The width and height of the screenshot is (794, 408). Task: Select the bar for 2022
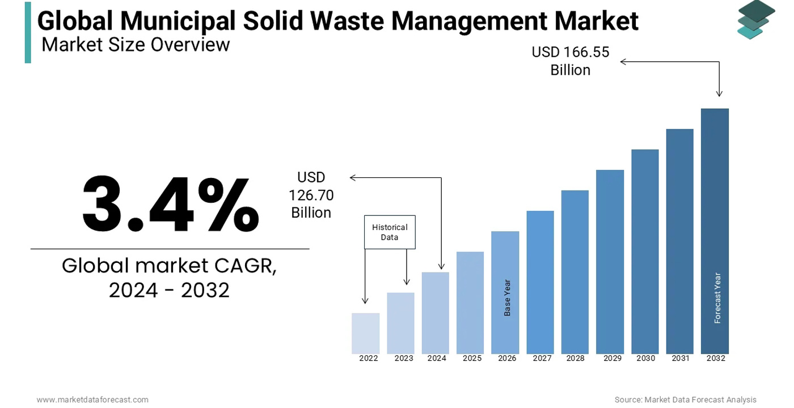365,333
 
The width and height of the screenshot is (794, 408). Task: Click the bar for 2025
470,303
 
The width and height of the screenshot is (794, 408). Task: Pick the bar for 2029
610,262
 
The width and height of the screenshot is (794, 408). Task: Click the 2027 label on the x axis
542,358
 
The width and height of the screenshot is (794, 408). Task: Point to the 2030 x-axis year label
645,358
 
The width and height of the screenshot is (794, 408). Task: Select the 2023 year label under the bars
404,358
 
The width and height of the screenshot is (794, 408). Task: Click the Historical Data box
390,232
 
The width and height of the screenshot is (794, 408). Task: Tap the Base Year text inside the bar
508,297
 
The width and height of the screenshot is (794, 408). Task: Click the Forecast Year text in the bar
717,298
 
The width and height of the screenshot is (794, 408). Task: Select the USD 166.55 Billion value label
570,61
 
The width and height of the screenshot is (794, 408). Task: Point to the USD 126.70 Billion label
311,195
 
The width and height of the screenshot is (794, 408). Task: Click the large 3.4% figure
170,205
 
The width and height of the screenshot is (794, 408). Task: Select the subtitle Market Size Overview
136,44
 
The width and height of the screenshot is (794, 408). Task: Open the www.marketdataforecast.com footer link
92,399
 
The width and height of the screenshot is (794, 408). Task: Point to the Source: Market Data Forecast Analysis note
685,399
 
